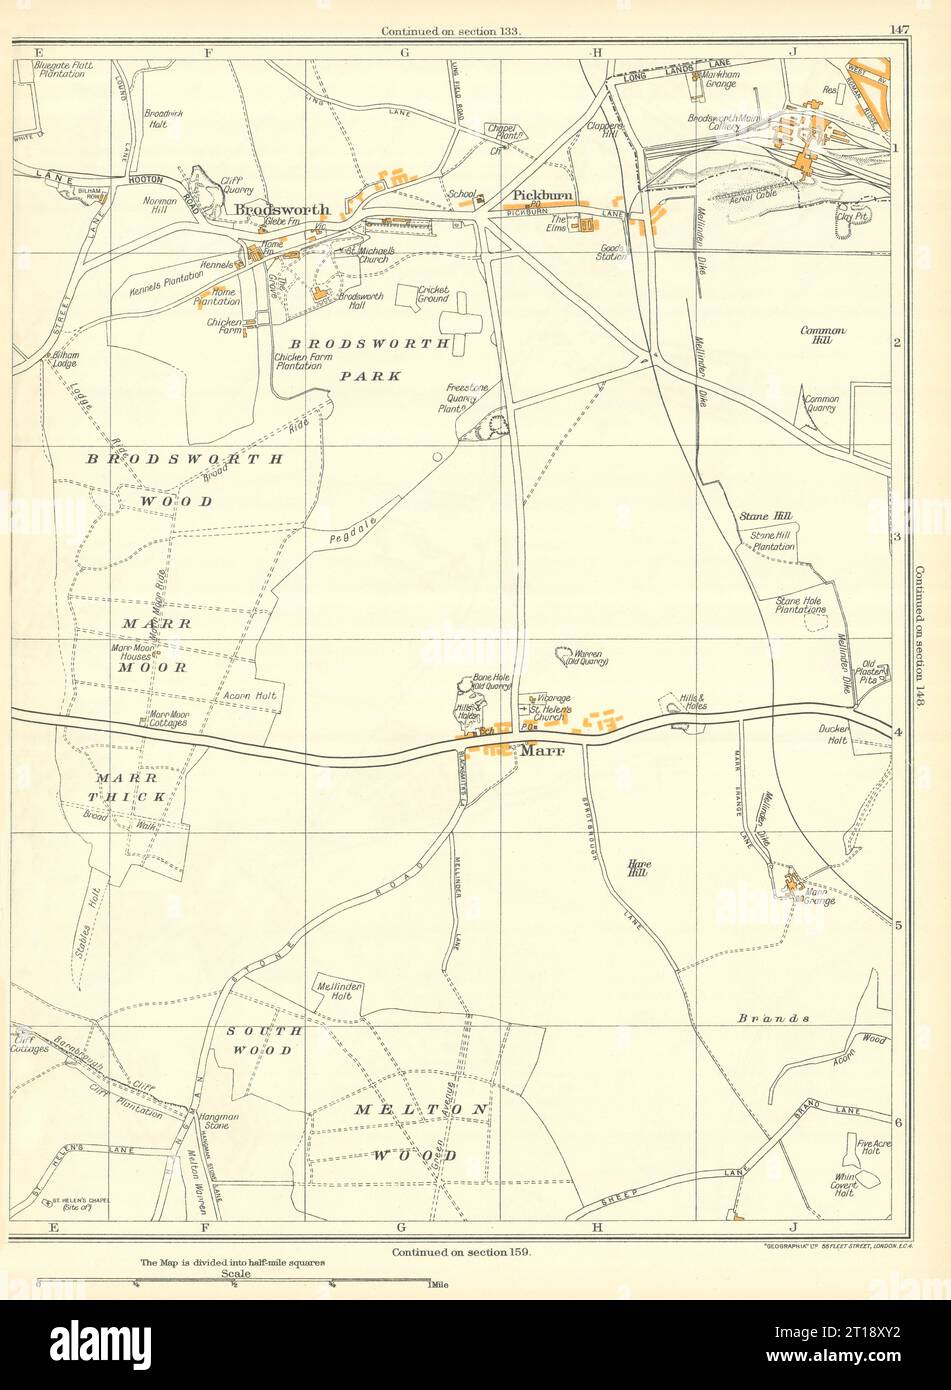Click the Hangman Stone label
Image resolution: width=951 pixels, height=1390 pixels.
[x=216, y=1121]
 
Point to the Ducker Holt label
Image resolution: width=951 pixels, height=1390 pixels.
[x=832, y=735]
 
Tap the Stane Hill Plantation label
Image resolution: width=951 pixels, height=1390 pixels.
[x=773, y=541]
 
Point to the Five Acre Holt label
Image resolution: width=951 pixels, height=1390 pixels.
[x=873, y=1148]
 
